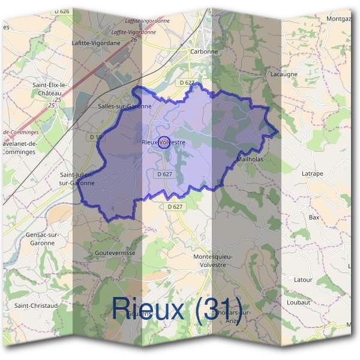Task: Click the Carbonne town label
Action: click(x=204, y=52)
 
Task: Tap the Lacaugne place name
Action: click(x=284, y=74)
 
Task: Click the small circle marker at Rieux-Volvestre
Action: click(x=162, y=142)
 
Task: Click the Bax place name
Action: click(x=314, y=217)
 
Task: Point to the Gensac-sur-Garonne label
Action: click(x=41, y=238)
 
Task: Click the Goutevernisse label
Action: click(x=115, y=253)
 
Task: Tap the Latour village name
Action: click(x=303, y=280)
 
